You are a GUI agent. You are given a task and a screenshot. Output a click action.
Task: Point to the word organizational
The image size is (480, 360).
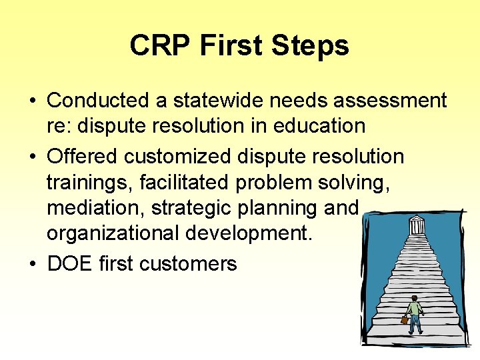coord(116,235)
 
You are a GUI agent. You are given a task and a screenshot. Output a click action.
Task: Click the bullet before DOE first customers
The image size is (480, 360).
coord(33,264)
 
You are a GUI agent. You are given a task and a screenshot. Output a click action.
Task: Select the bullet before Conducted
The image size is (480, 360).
coord(33,101)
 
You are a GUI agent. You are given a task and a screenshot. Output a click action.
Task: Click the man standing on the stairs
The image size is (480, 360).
coord(415,313)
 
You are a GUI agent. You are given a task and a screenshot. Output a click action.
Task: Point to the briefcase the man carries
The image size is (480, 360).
coord(404,320)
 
